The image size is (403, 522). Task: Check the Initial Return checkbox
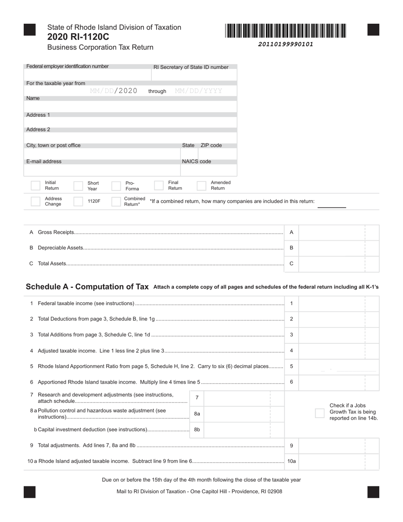(36, 185)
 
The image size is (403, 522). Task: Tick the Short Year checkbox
(78, 186)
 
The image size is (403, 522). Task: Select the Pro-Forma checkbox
(116, 186)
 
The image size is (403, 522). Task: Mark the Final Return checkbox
(159, 185)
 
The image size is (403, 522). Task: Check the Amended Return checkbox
(201, 185)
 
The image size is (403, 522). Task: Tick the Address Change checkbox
(36, 201)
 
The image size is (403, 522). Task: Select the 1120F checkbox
(78, 201)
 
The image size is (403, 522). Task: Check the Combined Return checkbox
(116, 201)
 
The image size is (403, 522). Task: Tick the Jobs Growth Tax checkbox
(320, 413)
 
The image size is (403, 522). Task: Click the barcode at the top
(285, 31)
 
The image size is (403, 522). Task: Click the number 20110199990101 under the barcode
(285, 44)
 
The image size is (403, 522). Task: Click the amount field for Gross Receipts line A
(332, 233)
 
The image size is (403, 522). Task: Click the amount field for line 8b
(238, 429)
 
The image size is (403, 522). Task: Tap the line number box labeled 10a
(291, 461)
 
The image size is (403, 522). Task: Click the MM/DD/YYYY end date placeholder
(199, 91)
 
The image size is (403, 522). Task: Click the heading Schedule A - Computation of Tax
(87, 287)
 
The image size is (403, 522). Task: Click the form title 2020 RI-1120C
(78, 37)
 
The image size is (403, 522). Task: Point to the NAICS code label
(196, 162)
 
